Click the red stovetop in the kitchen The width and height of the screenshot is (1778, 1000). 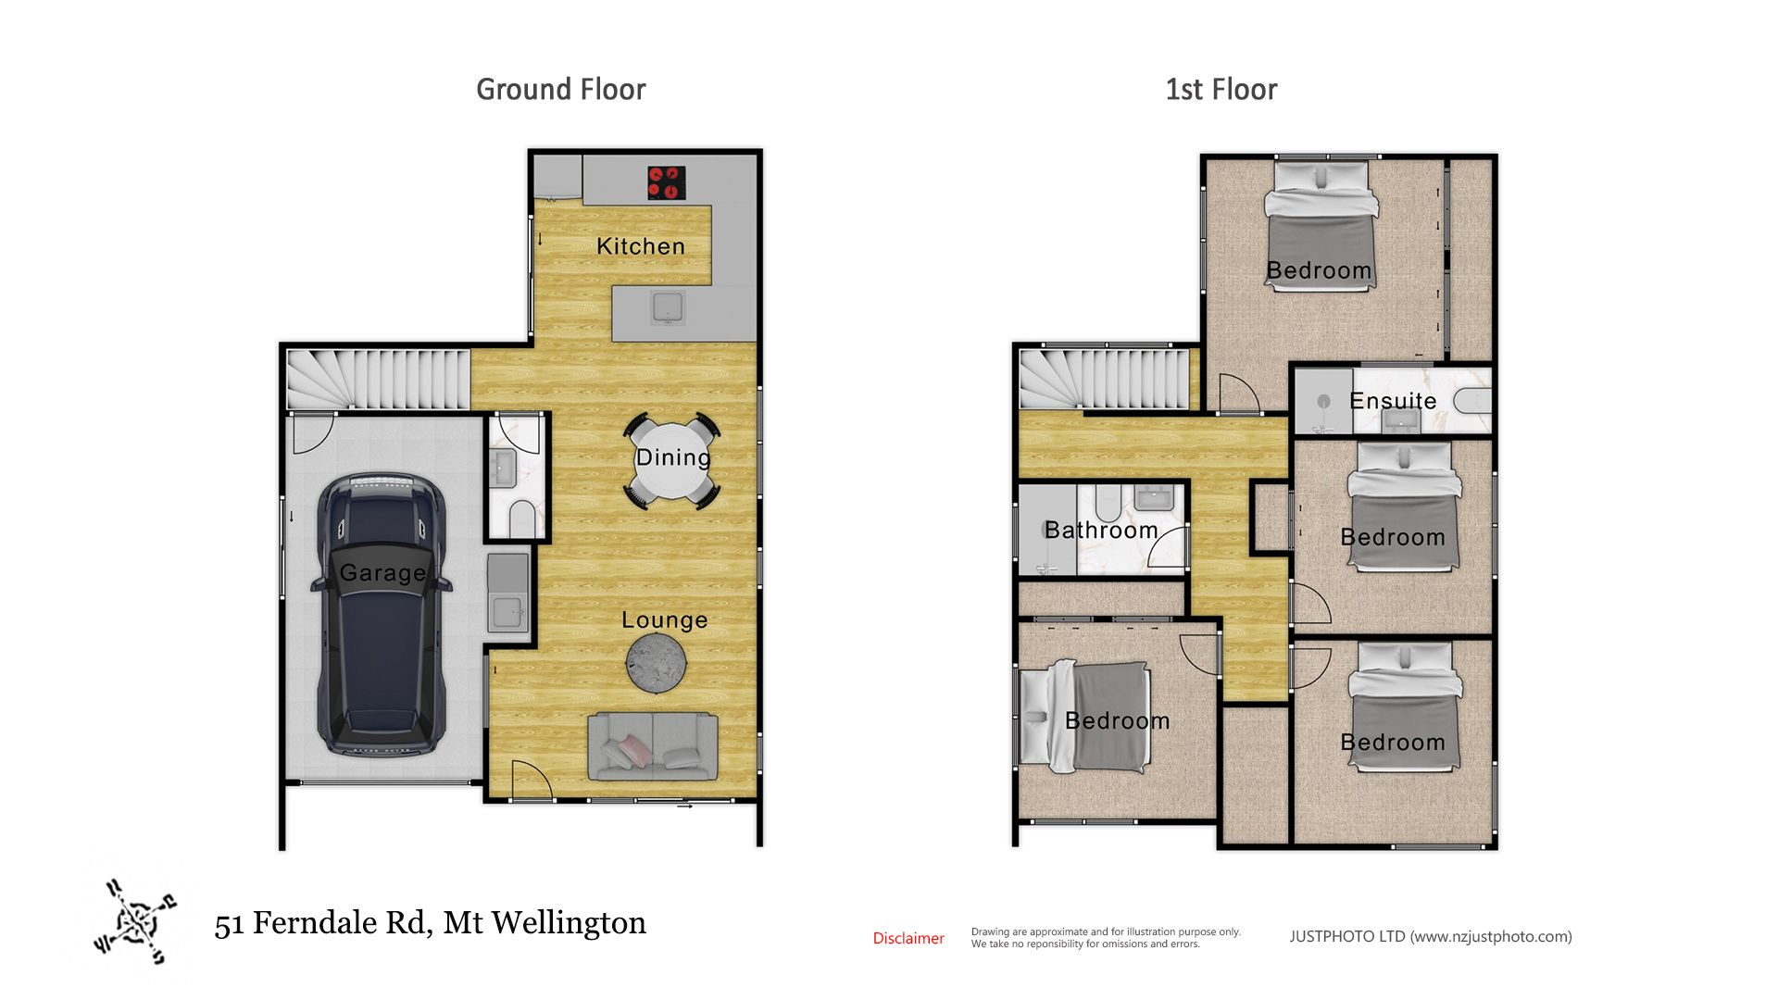667,182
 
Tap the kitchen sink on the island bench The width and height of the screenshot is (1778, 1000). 668,307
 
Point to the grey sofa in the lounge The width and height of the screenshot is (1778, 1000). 653,747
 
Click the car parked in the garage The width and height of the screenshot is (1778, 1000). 382,614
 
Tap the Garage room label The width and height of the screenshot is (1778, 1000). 382,573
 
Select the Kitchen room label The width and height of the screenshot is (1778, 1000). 641,246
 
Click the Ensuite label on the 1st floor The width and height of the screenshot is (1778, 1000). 1393,401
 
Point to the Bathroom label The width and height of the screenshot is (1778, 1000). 1101,530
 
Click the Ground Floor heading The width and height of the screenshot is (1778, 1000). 561,90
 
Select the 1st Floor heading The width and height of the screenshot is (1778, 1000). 1221,90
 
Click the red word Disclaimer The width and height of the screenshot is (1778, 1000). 908,938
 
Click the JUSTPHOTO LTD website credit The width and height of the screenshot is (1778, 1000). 1431,936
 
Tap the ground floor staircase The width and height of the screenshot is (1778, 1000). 378,379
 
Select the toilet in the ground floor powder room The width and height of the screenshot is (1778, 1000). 521,518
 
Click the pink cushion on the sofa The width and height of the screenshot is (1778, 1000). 633,748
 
